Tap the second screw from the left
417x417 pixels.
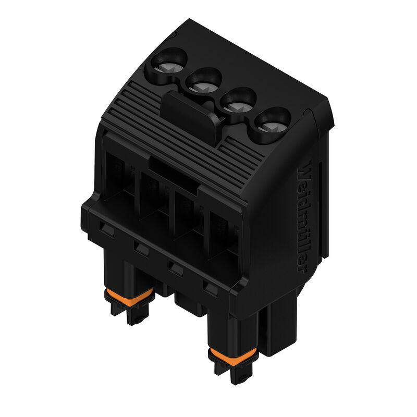click(202, 84)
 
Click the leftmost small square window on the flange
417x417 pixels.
click(107, 228)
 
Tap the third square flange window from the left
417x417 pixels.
click(176, 268)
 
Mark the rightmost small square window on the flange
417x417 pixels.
click(210, 288)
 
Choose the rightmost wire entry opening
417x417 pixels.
click(222, 235)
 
